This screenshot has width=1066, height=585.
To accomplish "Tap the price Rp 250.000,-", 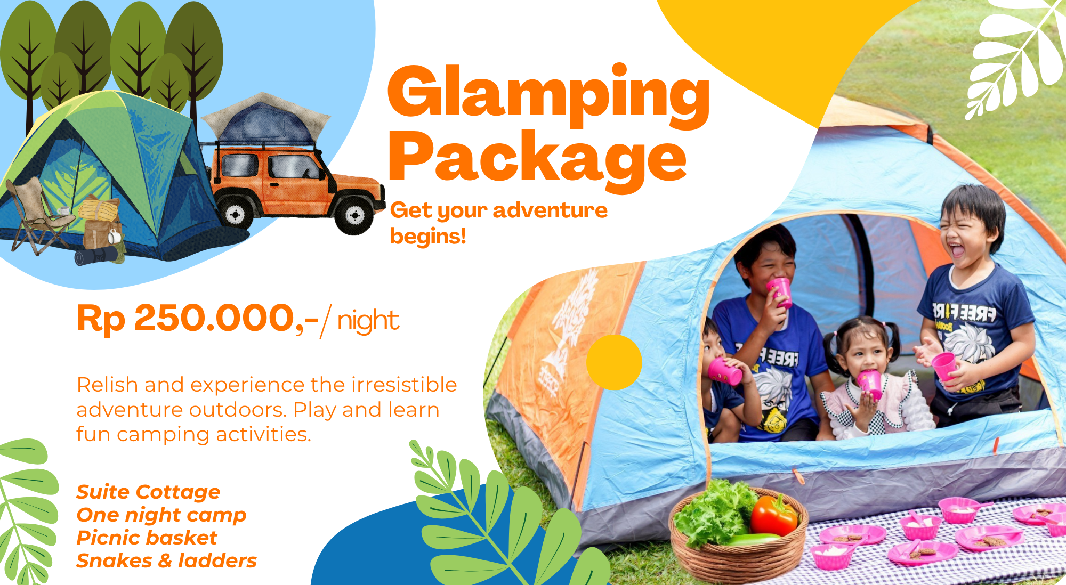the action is [x=198, y=319].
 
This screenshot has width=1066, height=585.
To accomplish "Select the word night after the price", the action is [x=368, y=321].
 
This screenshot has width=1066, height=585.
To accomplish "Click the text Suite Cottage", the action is [x=148, y=492].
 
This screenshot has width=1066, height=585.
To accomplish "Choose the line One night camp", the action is [x=161, y=515].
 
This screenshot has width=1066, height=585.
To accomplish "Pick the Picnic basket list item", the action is [x=147, y=538].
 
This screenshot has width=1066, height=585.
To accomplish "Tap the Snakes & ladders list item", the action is [x=166, y=561].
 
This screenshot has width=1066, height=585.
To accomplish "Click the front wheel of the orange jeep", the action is [x=354, y=215].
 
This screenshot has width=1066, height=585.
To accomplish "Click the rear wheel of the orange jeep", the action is [x=236, y=214].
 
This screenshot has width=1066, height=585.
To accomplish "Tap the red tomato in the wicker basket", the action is [x=773, y=515].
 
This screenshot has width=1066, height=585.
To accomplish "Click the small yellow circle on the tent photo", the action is [x=614, y=362].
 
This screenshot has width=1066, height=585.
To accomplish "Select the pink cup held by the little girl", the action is [x=870, y=384].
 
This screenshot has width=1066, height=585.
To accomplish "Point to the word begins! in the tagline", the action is [x=428, y=236].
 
